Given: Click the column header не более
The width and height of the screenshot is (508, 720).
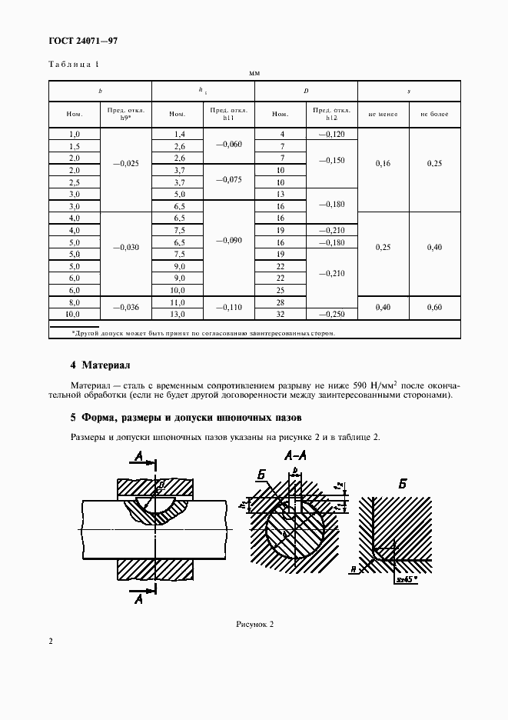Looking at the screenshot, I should point(434,114).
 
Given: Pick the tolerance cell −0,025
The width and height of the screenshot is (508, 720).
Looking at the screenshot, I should point(126,164).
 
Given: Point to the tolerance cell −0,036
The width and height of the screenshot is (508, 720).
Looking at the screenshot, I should point(126,308).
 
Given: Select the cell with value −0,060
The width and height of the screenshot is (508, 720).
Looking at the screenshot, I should point(228,145).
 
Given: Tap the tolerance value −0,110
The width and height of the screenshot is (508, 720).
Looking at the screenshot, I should point(228,308).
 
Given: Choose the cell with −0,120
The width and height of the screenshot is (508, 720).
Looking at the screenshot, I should point(331,134).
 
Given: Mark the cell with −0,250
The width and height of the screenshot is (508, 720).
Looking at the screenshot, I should point(331,314).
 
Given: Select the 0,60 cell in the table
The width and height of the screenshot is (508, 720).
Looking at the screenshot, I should point(434,308).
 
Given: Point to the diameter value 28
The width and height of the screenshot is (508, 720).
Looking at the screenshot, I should point(281,302).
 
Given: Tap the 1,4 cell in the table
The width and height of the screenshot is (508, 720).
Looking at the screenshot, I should point(178,134).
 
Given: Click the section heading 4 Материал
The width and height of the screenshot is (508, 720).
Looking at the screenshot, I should point(101,365).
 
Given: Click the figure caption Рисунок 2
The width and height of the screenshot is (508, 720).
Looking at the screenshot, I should point(254,624).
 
